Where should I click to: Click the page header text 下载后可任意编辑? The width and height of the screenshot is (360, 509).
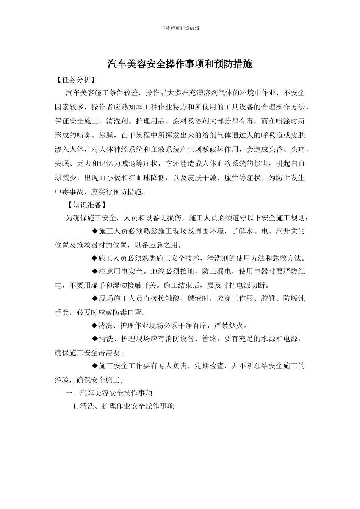(x=180, y=28)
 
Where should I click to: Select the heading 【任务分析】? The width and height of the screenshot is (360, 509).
(x=75, y=80)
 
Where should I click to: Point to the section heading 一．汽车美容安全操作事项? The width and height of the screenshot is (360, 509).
(x=109, y=393)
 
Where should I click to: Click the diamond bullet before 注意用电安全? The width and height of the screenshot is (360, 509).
(x=95, y=272)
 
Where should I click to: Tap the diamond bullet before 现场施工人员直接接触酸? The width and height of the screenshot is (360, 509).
(x=95, y=299)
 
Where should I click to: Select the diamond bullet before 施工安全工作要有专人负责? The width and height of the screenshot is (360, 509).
(x=95, y=366)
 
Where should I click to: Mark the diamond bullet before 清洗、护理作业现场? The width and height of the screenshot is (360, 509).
(x=95, y=326)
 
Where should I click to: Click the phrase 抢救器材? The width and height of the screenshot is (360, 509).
(x=91, y=245)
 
